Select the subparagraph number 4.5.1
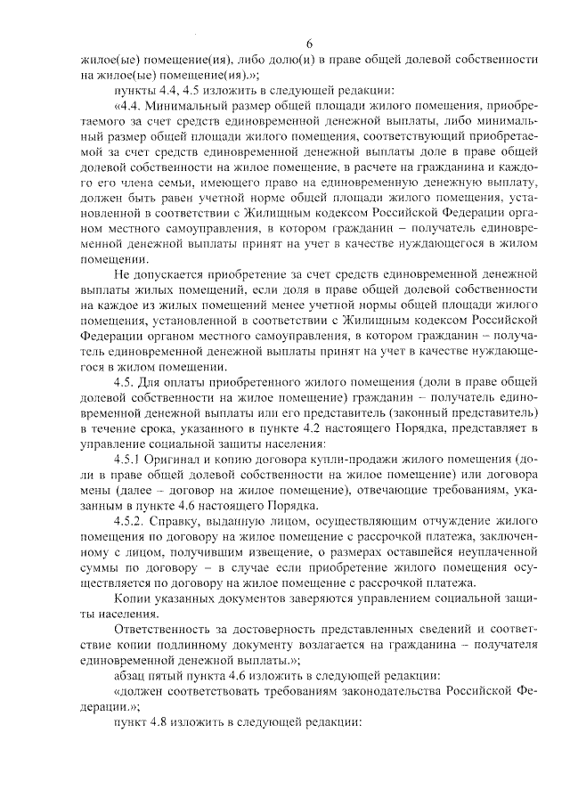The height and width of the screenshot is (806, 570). coord(128,459)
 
